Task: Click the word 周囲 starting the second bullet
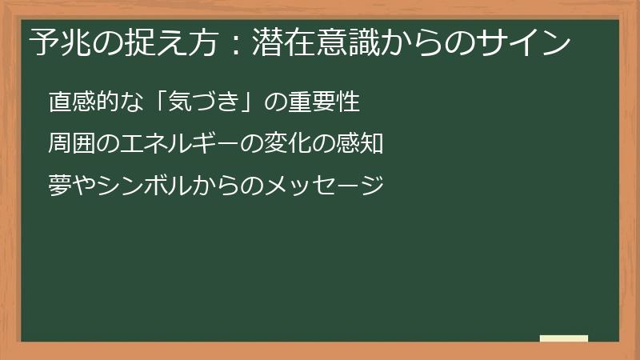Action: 70,145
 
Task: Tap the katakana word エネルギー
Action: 175,145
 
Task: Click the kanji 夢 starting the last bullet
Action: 58,186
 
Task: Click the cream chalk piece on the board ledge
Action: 564,338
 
